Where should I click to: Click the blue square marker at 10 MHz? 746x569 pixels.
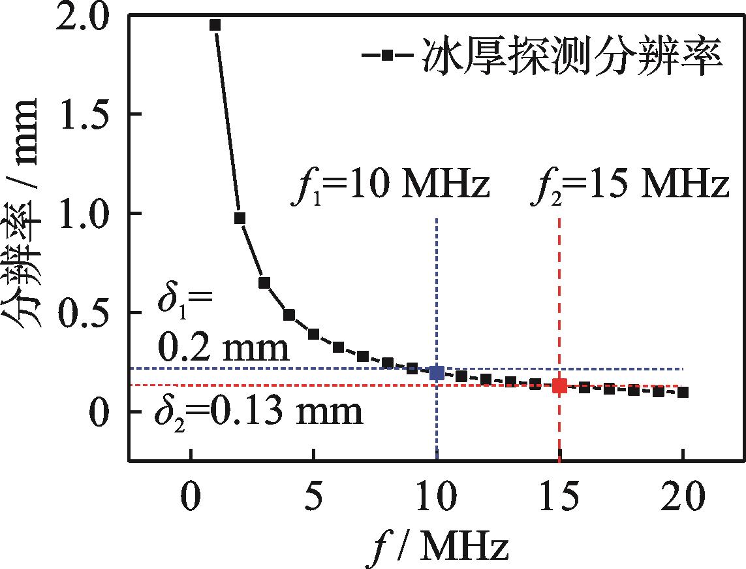(436, 373)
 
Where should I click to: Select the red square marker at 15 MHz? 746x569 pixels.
(559, 385)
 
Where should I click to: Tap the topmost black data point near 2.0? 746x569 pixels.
(215, 25)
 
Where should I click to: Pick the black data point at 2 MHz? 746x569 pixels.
(240, 218)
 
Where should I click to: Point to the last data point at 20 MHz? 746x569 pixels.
(683, 392)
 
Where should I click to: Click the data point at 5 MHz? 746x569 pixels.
(313, 334)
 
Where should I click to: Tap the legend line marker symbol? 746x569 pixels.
(386, 57)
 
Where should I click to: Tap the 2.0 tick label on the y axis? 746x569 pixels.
(84, 16)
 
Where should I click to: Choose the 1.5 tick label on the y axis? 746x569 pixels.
(84, 115)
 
